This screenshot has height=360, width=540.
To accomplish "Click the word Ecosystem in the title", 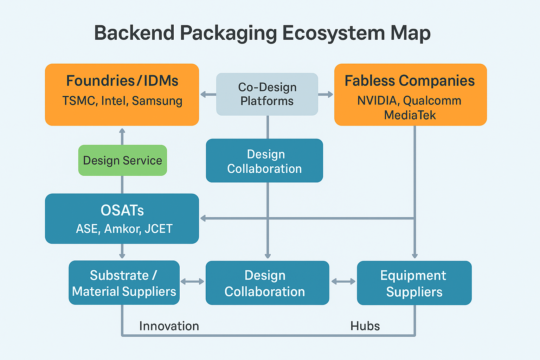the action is tap(333, 33).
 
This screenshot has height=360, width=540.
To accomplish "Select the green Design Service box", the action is tap(122, 160).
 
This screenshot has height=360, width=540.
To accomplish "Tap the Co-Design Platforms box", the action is tap(267, 94).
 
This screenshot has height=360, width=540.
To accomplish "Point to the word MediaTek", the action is tap(410, 115).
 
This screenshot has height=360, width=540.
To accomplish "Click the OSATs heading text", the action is tap(122, 210).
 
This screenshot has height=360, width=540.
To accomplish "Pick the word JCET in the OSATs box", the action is tap(159, 229).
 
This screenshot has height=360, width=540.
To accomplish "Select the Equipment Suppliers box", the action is tap(414, 283).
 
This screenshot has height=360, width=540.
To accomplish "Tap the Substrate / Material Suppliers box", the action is tap(124, 283).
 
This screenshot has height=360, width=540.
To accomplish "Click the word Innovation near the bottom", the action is tap(169, 326).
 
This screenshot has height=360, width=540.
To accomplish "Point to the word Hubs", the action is tap(365, 326).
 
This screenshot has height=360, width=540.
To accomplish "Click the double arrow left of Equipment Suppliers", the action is tap(343, 281).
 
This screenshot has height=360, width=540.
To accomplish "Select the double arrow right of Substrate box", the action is tap(192, 281).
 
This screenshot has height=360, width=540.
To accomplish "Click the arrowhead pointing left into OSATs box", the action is tap(203, 218).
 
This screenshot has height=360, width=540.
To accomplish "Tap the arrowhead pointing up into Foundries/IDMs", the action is tap(122, 131).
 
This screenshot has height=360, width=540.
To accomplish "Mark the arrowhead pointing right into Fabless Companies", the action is tap(330, 94).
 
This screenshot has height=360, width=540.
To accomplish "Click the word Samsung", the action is tap(157, 101).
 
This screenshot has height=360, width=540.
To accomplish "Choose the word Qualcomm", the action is tap(432, 101).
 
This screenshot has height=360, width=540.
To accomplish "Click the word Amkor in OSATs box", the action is tap(122, 229).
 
